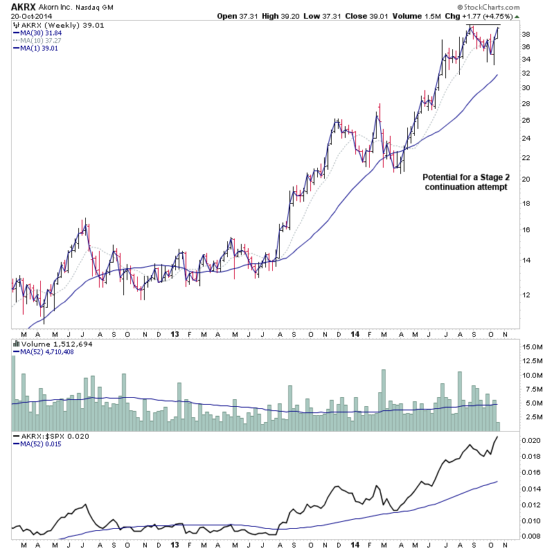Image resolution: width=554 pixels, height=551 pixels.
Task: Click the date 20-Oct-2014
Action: (26, 17)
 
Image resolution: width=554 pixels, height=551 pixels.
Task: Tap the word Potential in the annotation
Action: (441, 177)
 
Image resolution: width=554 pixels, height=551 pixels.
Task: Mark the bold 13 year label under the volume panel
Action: (175, 335)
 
